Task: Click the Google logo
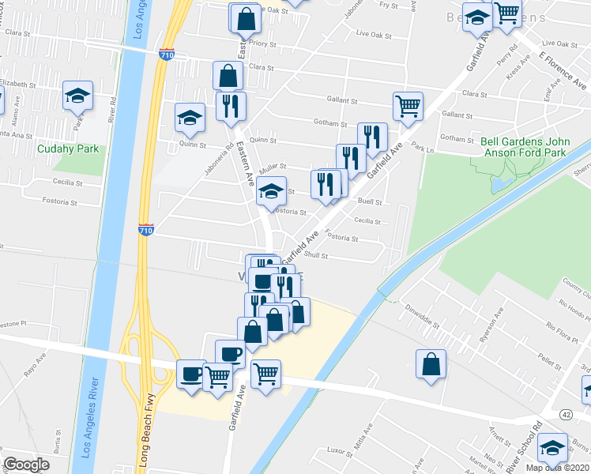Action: [26, 465]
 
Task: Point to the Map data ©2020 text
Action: [558, 468]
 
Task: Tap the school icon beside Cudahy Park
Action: [78, 96]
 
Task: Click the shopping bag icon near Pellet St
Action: [431, 364]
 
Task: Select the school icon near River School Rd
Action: [552, 449]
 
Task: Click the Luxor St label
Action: [340, 450]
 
